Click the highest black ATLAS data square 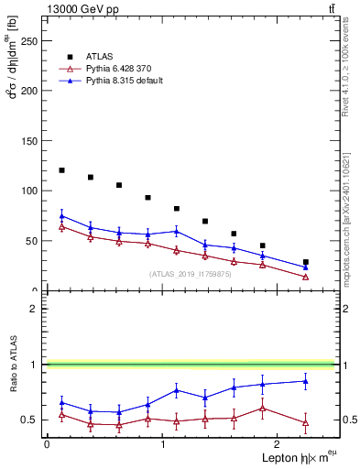tap(61, 170)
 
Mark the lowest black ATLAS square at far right tap(306, 262)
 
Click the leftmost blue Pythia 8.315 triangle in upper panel tap(61, 216)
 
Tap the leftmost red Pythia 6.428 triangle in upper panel tap(61, 226)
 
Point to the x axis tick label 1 tap(162, 444)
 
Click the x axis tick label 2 tap(278, 444)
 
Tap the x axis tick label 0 tap(47, 444)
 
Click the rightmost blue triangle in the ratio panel tap(306, 381)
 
